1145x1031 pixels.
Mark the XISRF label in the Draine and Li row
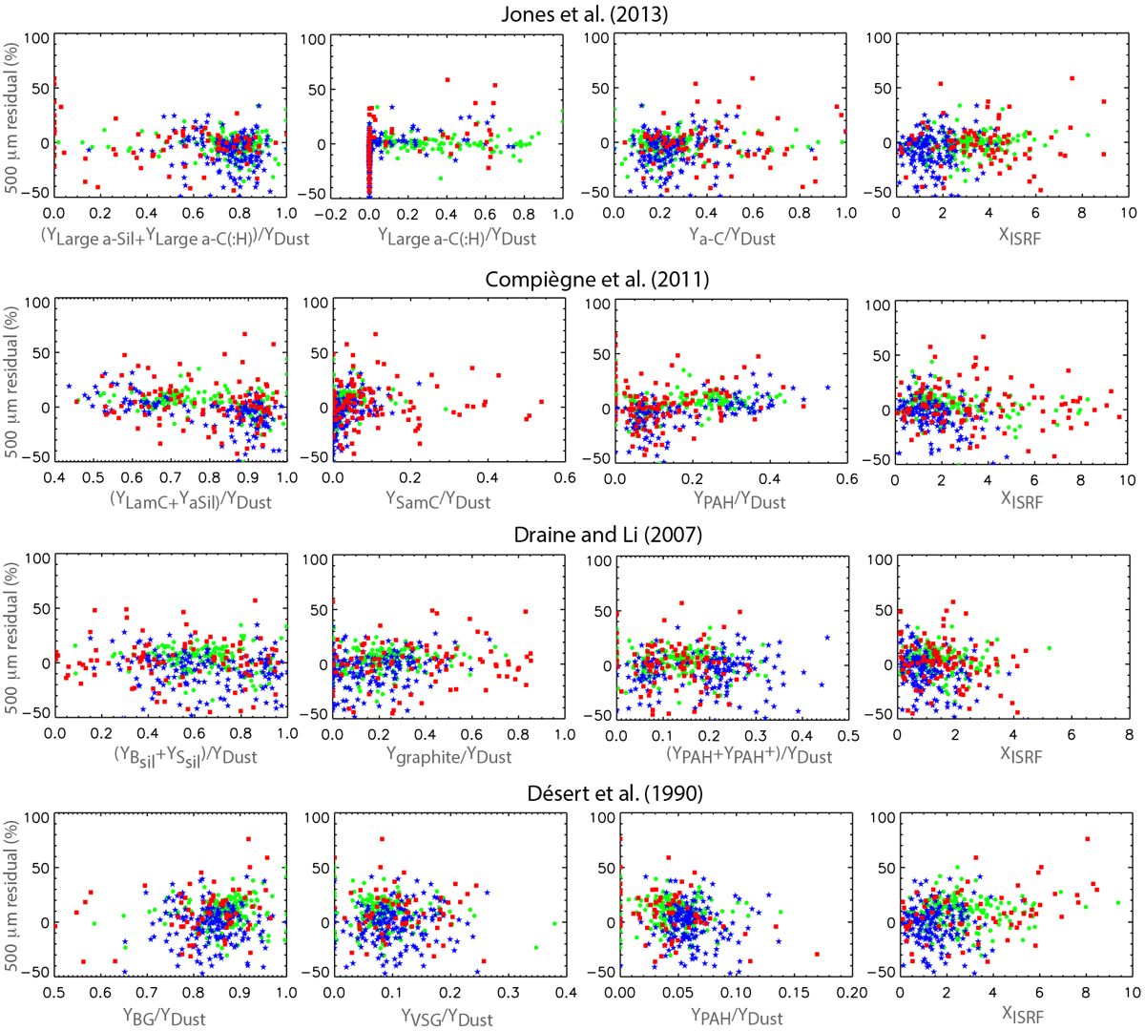coord(1020,755)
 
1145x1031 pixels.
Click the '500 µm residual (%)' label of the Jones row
coord(13,116)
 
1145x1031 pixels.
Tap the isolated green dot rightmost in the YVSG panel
coord(554,923)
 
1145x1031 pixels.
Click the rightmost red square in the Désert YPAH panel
coord(817,954)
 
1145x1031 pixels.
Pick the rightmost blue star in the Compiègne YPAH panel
coord(827,388)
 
